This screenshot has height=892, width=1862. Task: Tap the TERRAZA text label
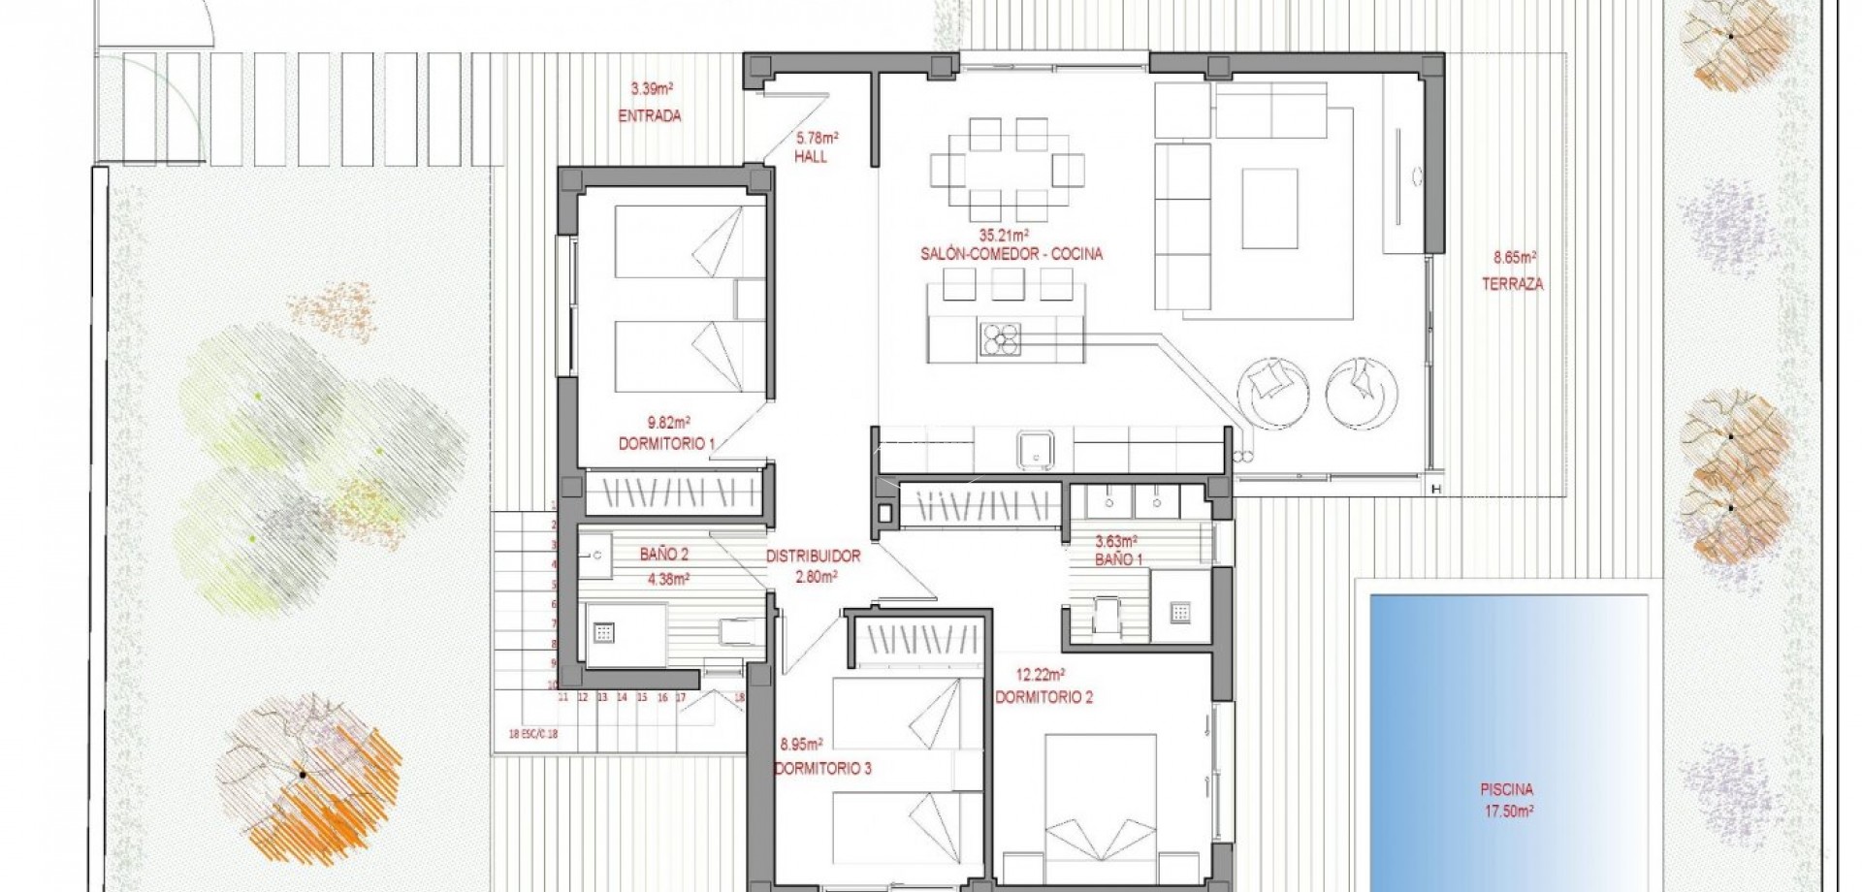(1512, 285)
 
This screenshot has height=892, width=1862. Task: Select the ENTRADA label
(649, 116)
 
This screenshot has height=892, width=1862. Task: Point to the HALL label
(811, 157)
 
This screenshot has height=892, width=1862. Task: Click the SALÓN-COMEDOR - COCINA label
(1011, 255)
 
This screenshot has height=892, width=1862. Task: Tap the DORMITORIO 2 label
(1043, 697)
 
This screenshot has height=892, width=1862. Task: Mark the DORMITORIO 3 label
(822, 769)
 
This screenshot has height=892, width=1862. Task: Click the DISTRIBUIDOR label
(813, 557)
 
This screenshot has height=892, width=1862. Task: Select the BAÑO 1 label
(1118, 560)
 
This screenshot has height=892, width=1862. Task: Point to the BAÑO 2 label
(663, 556)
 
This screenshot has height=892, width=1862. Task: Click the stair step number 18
(739, 696)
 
